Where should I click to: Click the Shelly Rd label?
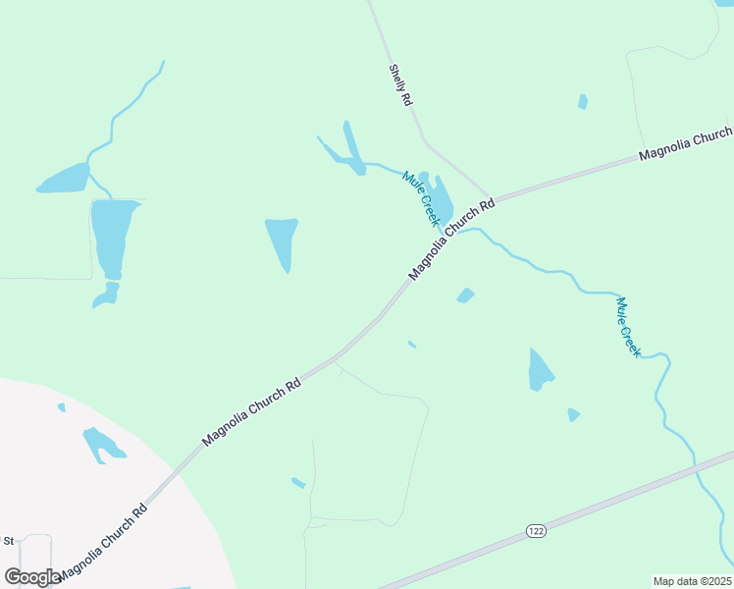[x=400, y=85]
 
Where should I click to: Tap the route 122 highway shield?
[x=535, y=531]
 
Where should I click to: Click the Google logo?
[x=32, y=577]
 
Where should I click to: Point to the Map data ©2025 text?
[x=693, y=581]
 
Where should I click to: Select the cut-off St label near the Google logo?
[x=9, y=541]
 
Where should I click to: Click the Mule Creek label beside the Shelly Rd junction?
[x=420, y=198]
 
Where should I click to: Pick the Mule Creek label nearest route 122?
[x=628, y=327]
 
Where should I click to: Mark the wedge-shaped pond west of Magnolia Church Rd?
[x=282, y=241]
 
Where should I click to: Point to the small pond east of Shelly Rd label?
[x=583, y=101]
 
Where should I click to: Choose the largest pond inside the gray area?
[x=101, y=444]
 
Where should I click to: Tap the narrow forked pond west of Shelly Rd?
[x=349, y=151]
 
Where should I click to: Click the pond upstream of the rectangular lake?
[x=66, y=179]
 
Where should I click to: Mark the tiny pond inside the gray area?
[x=61, y=406]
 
